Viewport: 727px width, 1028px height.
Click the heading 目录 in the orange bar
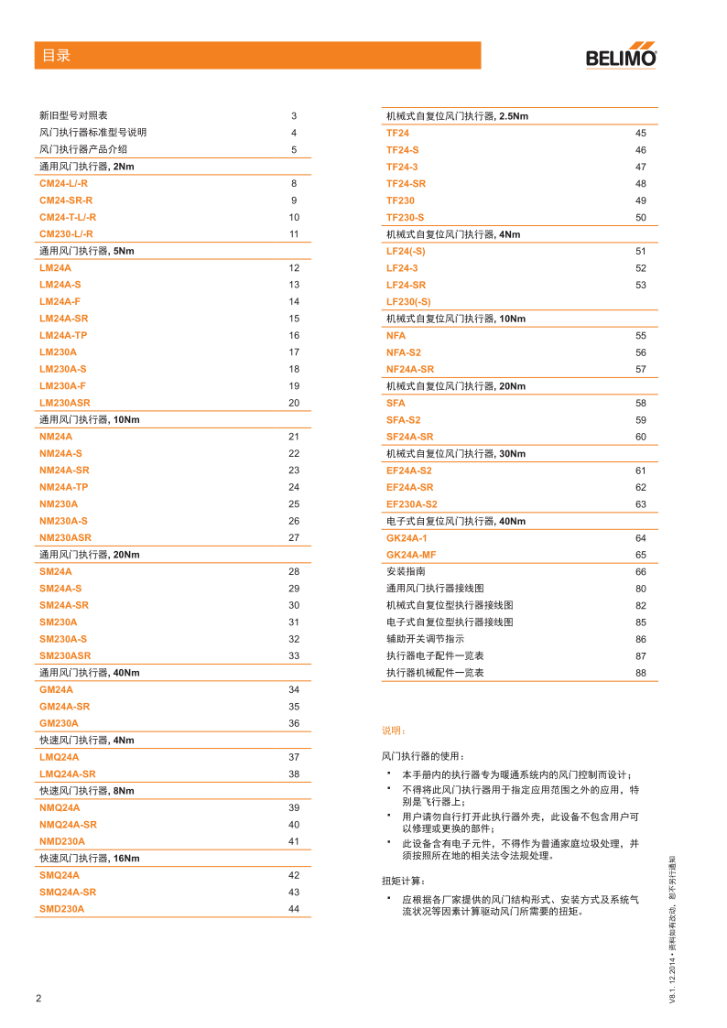(56, 56)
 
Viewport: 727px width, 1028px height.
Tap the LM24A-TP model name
(63, 336)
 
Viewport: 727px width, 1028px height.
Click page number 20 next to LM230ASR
(294, 403)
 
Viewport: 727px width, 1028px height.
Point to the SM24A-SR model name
(63, 605)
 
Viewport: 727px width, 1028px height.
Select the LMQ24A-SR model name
(67, 774)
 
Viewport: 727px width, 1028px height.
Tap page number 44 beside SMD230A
(294, 909)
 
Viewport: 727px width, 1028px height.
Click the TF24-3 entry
(402, 168)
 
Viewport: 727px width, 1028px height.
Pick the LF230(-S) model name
(408, 302)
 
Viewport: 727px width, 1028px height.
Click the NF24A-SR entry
(410, 369)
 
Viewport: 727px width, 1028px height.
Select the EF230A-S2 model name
(412, 504)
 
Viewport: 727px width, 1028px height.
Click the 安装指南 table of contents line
(406, 571)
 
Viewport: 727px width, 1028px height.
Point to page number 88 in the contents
(641, 673)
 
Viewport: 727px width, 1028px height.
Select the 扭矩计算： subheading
(402, 881)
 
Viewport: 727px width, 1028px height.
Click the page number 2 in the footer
(38, 998)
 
